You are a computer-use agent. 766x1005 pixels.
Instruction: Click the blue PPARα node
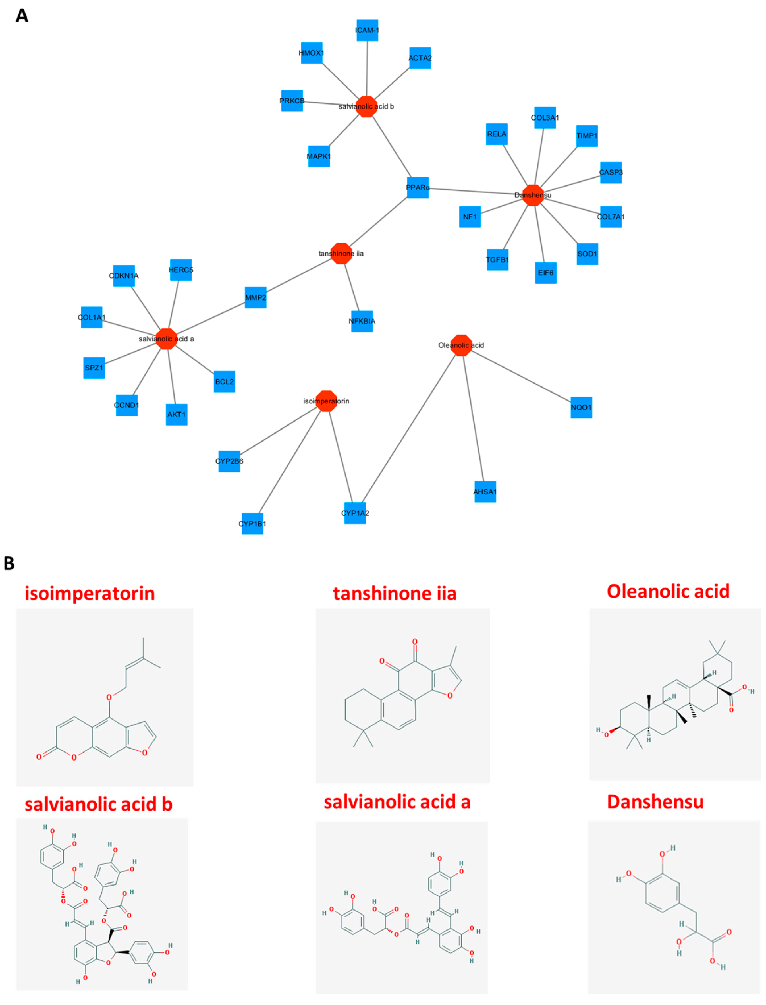[x=417, y=187]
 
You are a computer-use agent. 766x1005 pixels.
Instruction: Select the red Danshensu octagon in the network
[x=533, y=195]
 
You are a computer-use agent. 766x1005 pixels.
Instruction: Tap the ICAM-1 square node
[x=367, y=30]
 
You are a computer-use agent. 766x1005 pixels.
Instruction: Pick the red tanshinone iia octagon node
[x=341, y=254]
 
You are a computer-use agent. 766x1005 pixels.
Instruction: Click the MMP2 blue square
[x=255, y=297]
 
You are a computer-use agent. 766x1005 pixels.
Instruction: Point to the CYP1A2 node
[x=355, y=513]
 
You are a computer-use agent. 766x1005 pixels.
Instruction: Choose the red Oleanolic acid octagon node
[x=461, y=345]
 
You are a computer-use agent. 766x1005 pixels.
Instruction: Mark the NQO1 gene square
[x=581, y=407]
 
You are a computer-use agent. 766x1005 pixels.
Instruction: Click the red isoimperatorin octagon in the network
[x=326, y=401]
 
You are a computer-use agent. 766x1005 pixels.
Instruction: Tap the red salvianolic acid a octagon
[x=166, y=339]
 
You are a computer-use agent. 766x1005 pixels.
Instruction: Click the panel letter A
[x=22, y=16]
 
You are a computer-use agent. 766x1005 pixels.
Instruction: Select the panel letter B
[x=9, y=563]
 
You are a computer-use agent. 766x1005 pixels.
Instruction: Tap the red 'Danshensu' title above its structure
[x=655, y=802]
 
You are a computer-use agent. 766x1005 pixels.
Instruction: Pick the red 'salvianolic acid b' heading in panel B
[x=98, y=804]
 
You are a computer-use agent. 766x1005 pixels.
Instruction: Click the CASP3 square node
[x=611, y=172]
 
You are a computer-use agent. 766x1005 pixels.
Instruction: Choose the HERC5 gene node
[x=180, y=270]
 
